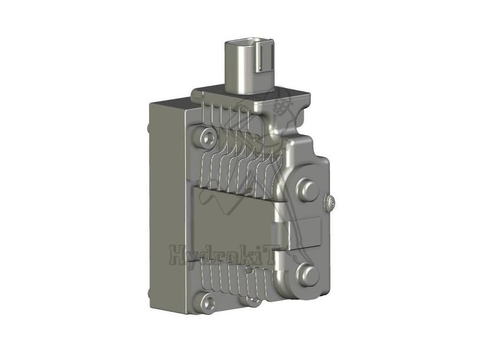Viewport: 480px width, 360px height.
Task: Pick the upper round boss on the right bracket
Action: (308, 188)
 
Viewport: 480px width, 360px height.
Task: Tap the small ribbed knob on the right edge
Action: (330, 203)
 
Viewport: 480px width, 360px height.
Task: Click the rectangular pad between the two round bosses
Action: (305, 232)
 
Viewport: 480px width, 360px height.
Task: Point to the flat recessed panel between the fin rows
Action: (230, 225)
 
